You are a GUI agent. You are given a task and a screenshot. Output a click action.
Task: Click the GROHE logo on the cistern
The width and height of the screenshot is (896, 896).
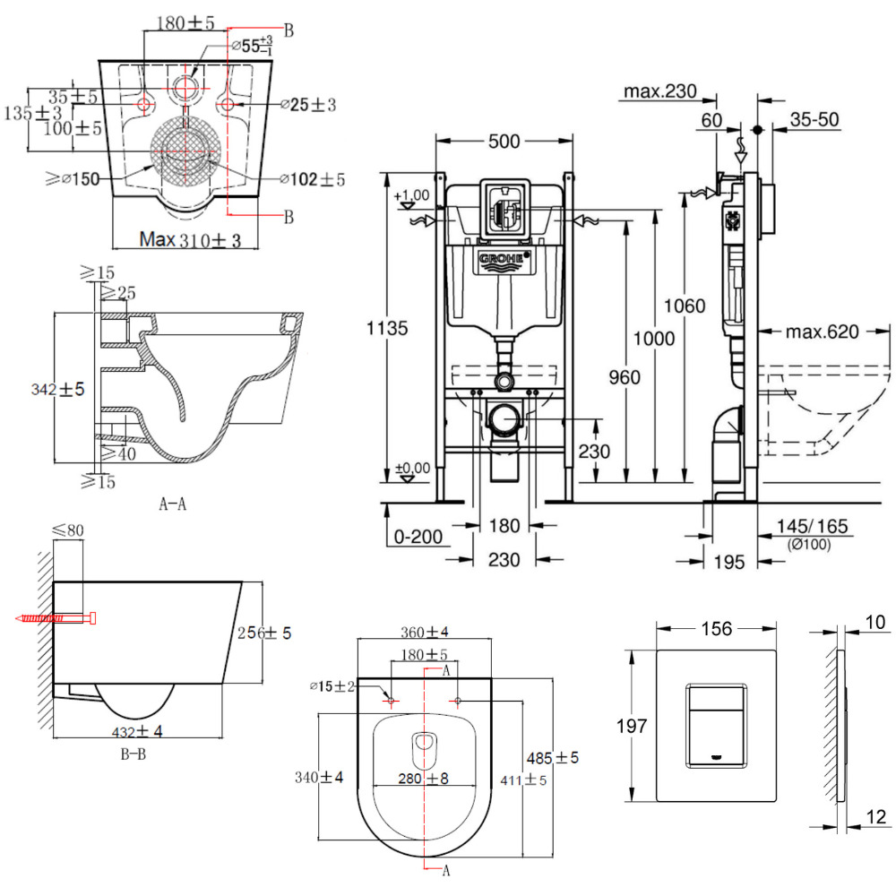504,261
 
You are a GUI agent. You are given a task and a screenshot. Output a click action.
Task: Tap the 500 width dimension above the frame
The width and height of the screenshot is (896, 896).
504,141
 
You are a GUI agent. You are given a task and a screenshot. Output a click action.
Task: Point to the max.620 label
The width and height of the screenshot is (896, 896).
823,332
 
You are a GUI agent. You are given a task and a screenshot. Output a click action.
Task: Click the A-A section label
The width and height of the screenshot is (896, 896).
172,504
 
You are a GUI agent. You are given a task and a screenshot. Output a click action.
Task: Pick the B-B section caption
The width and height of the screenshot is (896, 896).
134,754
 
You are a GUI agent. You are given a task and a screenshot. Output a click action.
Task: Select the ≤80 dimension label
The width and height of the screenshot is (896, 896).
68,530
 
